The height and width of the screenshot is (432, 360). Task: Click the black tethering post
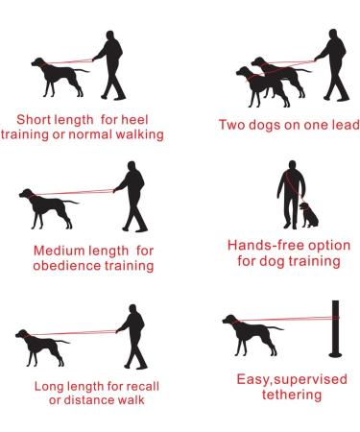336,327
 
